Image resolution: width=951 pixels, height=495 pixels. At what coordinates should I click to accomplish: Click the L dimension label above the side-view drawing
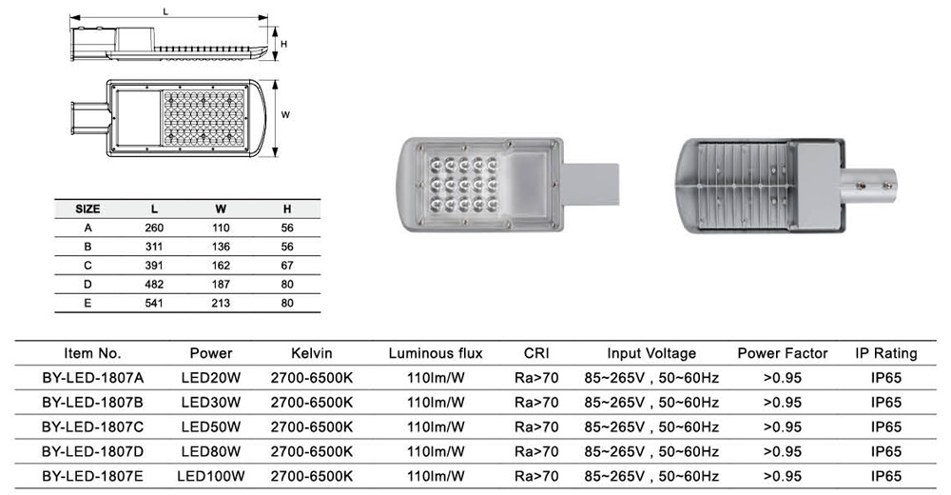tap(166, 12)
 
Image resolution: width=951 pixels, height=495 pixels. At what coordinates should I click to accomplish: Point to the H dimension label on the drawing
tap(283, 44)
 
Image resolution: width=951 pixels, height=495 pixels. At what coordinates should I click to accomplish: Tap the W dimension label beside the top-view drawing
tap(285, 116)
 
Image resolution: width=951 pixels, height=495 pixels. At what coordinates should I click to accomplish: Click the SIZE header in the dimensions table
tap(87, 208)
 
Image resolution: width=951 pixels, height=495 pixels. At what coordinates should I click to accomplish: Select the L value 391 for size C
tap(154, 266)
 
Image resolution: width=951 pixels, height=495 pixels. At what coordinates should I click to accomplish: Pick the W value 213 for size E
tap(220, 304)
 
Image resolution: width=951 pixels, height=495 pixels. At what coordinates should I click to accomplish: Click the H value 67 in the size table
tap(287, 266)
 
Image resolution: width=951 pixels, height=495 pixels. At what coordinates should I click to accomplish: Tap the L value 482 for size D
tap(154, 285)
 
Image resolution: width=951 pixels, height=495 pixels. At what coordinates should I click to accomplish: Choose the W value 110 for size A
tap(220, 228)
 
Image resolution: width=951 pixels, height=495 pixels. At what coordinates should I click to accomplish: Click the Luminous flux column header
tap(436, 353)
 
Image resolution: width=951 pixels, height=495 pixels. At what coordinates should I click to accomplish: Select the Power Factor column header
tap(783, 353)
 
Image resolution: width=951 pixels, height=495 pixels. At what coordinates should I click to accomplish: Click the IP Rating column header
tap(886, 353)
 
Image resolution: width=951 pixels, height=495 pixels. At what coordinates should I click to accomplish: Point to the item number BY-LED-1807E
tap(93, 474)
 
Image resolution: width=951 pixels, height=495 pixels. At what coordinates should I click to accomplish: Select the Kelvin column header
tap(312, 353)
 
